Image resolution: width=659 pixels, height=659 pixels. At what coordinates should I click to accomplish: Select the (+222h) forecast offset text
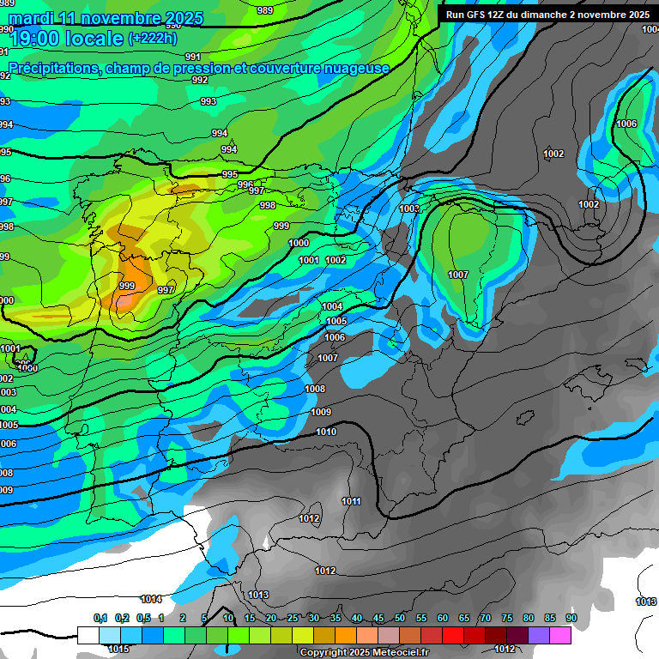pos(153,39)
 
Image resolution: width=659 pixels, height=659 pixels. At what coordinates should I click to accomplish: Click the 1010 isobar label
pos(326,432)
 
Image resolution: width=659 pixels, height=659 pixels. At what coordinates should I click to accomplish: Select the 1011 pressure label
pos(351,501)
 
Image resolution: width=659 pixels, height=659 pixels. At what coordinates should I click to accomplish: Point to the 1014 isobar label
pos(151,599)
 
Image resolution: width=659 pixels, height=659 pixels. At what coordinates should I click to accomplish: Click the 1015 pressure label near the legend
pos(118,649)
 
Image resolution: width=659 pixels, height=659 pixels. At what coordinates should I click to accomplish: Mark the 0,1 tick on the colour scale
pos(100,618)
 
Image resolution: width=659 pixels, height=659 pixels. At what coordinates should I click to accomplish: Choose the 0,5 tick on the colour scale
pos(142,618)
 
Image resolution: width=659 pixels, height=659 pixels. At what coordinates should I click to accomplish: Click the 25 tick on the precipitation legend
pos(293,618)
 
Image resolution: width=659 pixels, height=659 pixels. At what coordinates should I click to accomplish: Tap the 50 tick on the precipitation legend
pos(400,618)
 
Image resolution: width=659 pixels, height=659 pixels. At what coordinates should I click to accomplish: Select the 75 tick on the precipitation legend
pos(507,618)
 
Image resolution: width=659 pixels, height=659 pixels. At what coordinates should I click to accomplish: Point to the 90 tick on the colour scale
pos(571,618)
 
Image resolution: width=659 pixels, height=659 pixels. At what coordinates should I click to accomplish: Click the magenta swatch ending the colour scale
pos(560,635)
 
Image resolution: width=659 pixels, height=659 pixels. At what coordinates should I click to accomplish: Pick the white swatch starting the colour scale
pos(88,635)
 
